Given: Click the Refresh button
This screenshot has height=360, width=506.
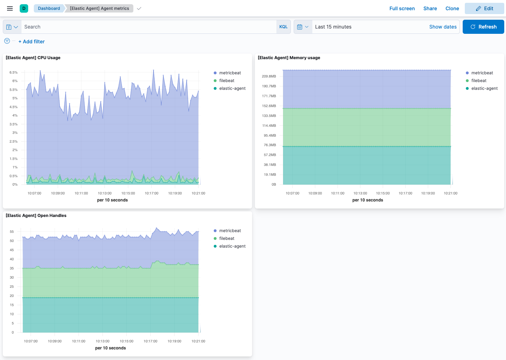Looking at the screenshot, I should [x=483, y=27].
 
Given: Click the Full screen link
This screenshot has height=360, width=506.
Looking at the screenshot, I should [x=402, y=8].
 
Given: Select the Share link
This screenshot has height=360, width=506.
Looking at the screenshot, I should [x=430, y=8].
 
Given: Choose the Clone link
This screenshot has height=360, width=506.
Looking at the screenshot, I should [x=452, y=8].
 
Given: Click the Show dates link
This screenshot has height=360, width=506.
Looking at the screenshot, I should [x=443, y=27].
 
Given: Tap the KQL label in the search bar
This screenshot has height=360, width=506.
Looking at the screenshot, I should [x=283, y=27].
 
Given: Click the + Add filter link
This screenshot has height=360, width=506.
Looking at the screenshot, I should [x=32, y=42].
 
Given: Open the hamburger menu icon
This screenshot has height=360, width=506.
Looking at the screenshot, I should [x=10, y=8].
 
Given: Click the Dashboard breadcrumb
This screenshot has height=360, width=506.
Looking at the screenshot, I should [x=49, y=8].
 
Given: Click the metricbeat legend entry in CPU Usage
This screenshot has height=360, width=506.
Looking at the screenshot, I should [x=230, y=73].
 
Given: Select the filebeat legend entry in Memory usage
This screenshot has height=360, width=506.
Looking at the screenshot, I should [x=479, y=81].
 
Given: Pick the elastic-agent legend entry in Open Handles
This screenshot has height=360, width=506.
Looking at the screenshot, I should [x=232, y=246].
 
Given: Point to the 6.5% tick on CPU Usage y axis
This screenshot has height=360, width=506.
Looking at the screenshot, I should [x=13, y=73].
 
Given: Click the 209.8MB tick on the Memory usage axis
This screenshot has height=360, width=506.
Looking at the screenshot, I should [x=269, y=76].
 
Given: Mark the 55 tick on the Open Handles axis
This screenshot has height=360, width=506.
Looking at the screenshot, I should [x=12, y=232].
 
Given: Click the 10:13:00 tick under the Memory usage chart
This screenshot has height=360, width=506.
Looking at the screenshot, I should [x=360, y=193].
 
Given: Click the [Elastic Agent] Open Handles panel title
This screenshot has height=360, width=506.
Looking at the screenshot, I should [x=36, y=216].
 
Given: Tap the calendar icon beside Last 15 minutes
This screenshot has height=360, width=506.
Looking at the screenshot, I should [x=300, y=27].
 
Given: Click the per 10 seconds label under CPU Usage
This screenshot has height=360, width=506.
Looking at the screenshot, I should [x=112, y=200].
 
